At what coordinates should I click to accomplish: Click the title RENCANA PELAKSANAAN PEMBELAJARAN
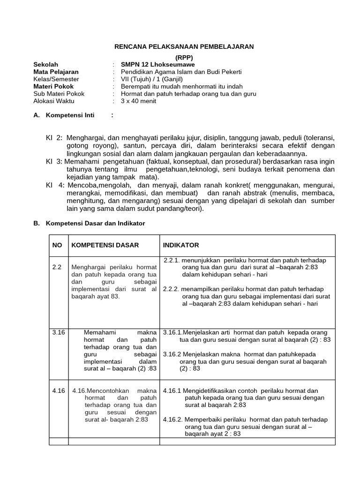tap(184, 46)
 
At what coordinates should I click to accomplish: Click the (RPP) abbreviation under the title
tap(184, 57)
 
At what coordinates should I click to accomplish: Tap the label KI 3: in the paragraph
tap(54, 161)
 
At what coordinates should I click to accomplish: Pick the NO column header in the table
tap(57, 245)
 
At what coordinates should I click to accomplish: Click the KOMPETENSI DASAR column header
tap(105, 245)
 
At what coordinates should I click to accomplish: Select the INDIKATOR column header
tap(181, 245)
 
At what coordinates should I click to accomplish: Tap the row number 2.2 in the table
tap(57, 267)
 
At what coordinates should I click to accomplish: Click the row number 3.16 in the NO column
tap(58, 332)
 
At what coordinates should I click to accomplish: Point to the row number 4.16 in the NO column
tap(58, 390)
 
